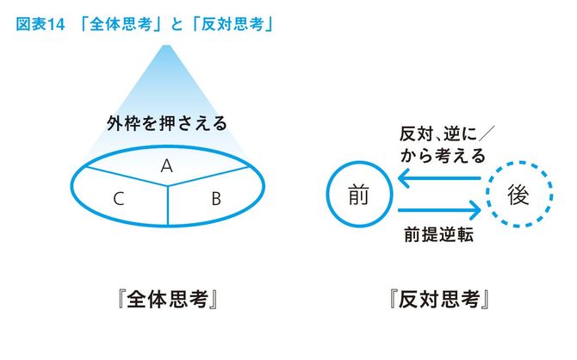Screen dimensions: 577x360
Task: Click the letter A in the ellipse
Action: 167,166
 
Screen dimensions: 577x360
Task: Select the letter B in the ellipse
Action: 216,199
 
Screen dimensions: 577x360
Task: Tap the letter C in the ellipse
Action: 119,199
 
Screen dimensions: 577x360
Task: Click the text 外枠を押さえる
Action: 167,123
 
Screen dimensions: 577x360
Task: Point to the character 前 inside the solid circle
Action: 358,195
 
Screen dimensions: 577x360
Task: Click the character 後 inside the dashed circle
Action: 518,195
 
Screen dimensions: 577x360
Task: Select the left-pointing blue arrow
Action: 439,178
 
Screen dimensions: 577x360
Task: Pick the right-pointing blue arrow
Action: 439,210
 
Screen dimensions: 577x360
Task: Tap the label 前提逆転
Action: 438,234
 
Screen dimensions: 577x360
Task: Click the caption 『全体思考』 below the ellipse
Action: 168,299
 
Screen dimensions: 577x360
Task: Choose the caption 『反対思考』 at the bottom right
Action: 439,299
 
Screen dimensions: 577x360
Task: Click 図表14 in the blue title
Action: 40,25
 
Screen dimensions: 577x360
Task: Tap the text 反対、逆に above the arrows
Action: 438,134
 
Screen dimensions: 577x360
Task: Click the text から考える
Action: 443,156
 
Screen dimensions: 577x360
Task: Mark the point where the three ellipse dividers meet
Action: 168,185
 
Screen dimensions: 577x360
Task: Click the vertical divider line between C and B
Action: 168,205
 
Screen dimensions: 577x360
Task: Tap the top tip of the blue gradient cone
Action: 166,46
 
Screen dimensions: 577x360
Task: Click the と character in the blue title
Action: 177,25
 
